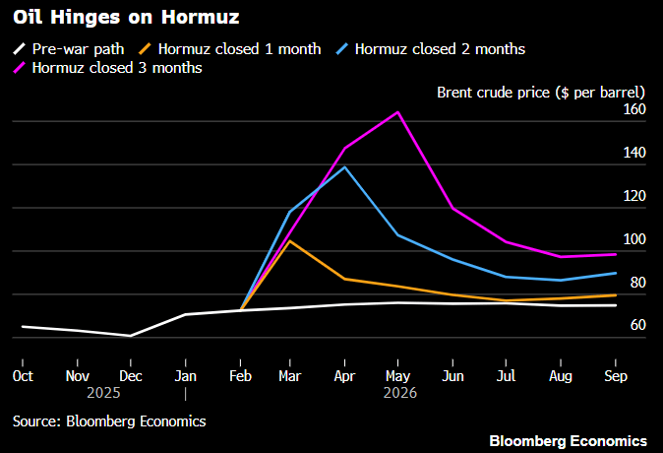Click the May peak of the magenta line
pos(396,112)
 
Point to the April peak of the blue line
pos(343,166)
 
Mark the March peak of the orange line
pos(289,240)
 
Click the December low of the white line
pos(130,336)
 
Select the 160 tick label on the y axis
pos(633,109)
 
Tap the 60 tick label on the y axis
pos(636,325)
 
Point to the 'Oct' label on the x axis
pos(22,375)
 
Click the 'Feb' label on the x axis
pos(238,375)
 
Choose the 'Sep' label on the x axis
pos(615,375)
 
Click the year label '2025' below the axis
pos(103,392)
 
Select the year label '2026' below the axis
pos(400,392)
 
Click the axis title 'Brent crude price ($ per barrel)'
pos(540,92)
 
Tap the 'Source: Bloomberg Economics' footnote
pos(109,421)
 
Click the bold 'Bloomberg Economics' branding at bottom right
pos(568,439)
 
